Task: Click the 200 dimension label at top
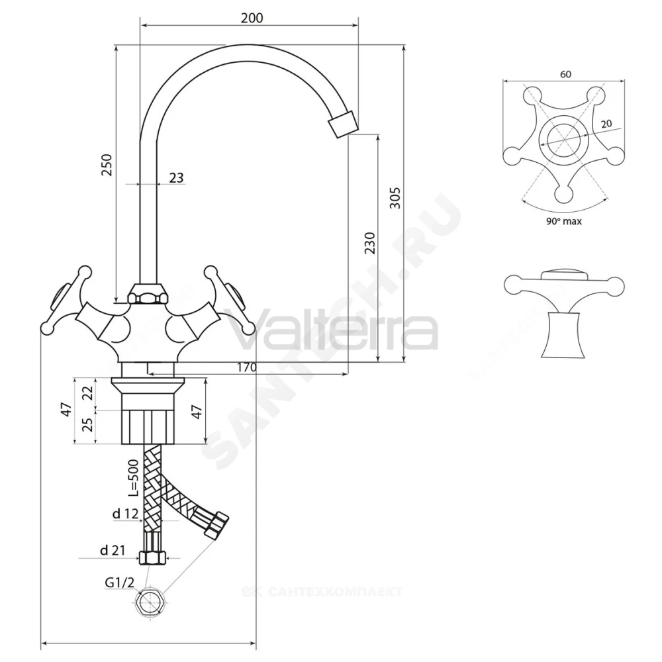pyautogui.click(x=252, y=18)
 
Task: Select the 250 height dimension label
pyautogui.click(x=107, y=165)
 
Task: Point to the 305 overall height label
pyautogui.click(x=395, y=197)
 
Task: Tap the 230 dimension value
pyautogui.click(x=369, y=243)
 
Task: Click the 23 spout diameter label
pyautogui.click(x=177, y=177)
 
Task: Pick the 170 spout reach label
pyautogui.click(x=246, y=367)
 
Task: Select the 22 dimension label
pyautogui.click(x=87, y=393)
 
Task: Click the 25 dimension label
pyautogui.click(x=87, y=425)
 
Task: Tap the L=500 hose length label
pyautogui.click(x=134, y=477)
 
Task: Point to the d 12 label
pyautogui.click(x=125, y=514)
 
